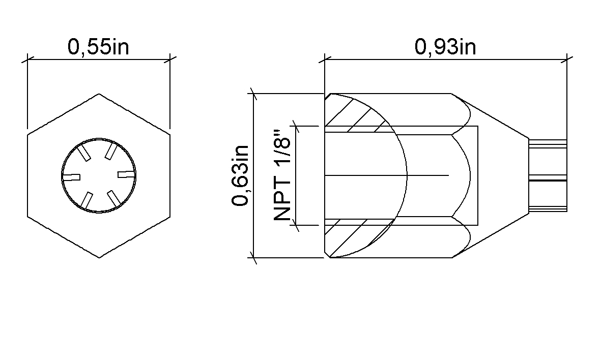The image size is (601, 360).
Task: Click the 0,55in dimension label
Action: [x=98, y=47]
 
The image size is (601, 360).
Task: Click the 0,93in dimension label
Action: [x=445, y=47]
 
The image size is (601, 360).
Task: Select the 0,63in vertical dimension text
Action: [x=240, y=176]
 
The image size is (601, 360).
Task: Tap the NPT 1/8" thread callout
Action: [x=282, y=176]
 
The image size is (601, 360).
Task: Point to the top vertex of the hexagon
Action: [x=99, y=94]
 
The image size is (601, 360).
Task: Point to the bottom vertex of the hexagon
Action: [x=99, y=258]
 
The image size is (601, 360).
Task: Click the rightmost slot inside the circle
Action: [x=126, y=174]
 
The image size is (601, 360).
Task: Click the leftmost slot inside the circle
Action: [x=71, y=177]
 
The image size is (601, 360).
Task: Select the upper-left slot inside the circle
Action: [x=84, y=153]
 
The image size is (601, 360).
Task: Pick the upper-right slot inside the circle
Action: [x=111, y=152]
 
